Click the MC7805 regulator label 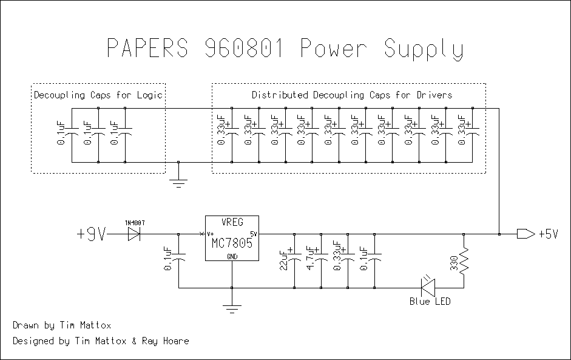tap(231, 243)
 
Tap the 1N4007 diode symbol tap(134, 234)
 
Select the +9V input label tap(92, 234)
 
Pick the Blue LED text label tap(430, 301)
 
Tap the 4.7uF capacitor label tap(310, 258)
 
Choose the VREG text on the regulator tap(231, 223)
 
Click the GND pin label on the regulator tap(232, 256)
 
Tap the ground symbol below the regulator tap(232, 308)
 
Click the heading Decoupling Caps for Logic tap(98, 95)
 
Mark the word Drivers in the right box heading tap(433, 95)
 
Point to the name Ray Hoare tap(166, 341)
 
